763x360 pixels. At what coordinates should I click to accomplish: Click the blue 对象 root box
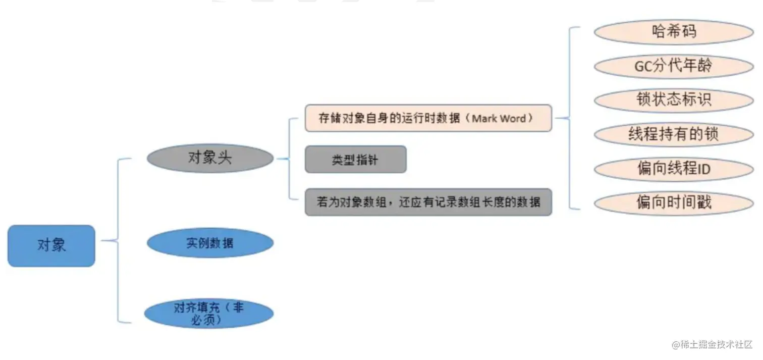point(51,246)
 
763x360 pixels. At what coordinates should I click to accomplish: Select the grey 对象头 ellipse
point(210,159)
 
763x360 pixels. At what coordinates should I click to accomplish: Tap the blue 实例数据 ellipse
point(210,243)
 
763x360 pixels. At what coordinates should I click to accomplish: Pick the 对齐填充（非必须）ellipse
point(209,314)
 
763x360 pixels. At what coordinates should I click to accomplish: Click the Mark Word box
point(428,119)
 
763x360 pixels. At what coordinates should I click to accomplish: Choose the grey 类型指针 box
point(355,160)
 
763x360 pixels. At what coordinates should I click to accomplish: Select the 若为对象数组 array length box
point(428,202)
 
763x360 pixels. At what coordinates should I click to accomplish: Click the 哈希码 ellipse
point(674,32)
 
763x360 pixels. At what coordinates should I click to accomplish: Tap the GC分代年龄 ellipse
point(674,66)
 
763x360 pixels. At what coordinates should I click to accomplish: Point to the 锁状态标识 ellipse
point(674,100)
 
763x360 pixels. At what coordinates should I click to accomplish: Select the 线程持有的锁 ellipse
point(674,134)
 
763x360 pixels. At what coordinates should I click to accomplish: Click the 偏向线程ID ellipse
point(674,169)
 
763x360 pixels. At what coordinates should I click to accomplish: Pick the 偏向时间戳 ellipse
point(674,203)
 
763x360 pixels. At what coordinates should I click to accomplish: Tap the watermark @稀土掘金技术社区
point(712,344)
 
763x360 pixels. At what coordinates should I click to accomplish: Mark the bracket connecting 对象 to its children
point(118,241)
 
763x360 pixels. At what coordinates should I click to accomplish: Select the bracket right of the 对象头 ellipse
point(289,159)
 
